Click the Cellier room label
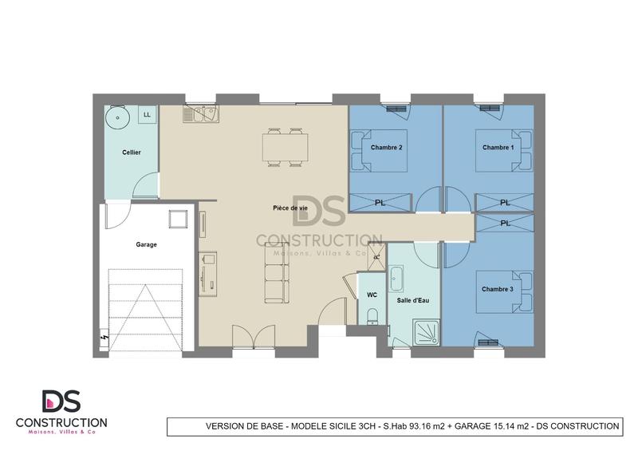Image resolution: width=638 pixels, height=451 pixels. [x=132, y=152]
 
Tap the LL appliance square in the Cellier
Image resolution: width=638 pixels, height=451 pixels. [x=147, y=116]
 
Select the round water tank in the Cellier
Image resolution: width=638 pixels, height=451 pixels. [x=117, y=117]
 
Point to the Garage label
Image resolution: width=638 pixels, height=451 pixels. [x=146, y=245]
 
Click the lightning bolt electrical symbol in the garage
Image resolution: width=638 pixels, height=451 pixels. [x=104, y=338]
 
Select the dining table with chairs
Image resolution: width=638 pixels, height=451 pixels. [x=286, y=146]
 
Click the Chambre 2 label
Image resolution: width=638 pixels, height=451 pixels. [x=386, y=148]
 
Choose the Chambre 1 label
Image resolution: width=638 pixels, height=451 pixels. [x=498, y=148]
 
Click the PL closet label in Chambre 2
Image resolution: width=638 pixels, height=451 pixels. [x=380, y=203]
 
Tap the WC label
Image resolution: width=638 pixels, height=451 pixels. [x=371, y=295]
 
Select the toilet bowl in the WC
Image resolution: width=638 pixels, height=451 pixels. [x=372, y=318]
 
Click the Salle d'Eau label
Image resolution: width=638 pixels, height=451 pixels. [x=412, y=300]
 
